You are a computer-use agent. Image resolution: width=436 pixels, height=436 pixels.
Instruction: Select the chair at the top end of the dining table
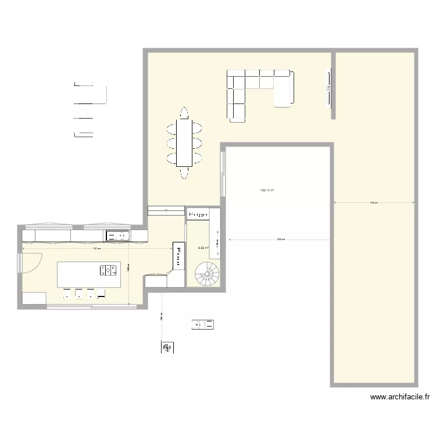point(184,112)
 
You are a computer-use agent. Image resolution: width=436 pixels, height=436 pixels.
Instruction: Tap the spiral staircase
point(208,273)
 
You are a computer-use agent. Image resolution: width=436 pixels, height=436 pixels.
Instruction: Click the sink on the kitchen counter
point(117,235)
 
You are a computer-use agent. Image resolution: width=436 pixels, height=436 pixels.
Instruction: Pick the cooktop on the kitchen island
point(109,270)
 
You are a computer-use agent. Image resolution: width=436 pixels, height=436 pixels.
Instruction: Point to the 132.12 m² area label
point(267,190)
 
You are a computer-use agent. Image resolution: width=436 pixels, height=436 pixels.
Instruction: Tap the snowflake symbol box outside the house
point(167,348)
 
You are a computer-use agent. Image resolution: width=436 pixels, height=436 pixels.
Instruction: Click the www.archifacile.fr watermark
point(400,398)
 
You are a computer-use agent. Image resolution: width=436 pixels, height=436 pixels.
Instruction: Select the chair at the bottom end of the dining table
point(184,172)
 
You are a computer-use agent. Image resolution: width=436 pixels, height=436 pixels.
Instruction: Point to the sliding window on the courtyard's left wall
point(222,174)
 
